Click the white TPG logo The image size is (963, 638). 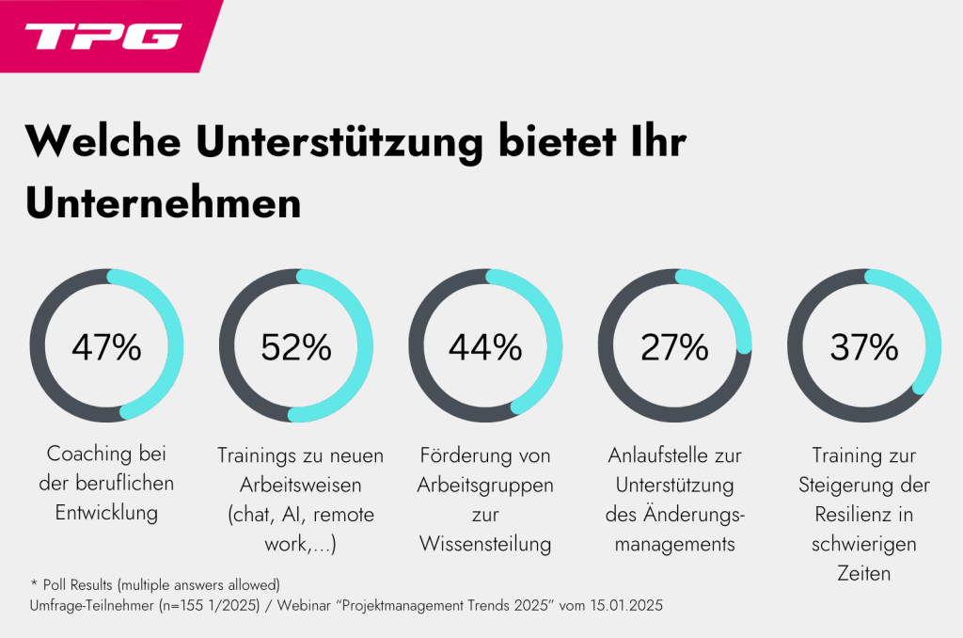point(103,36)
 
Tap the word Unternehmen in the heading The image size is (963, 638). point(164,203)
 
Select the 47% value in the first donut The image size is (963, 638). point(106,347)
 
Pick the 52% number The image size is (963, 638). point(296,347)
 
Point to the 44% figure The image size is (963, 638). point(485,347)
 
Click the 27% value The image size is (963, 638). point(674,347)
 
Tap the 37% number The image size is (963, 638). point(864,347)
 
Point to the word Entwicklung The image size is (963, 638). point(105,513)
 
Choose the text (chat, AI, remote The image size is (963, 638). point(296,514)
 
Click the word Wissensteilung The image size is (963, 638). point(485,543)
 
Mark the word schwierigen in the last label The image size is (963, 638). point(863,543)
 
